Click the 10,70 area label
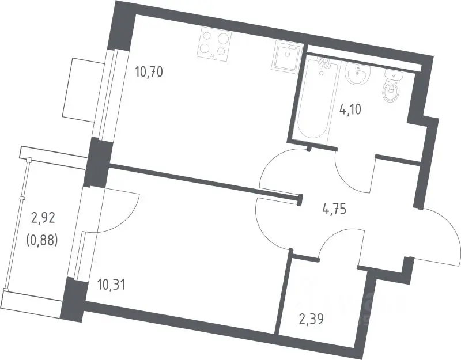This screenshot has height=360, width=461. [x=149, y=71]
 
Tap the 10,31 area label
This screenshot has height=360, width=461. [x=111, y=285]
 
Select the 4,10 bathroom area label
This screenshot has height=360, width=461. [x=350, y=109]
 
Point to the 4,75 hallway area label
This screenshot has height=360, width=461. [x=334, y=210]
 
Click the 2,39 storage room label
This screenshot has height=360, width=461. [x=311, y=319]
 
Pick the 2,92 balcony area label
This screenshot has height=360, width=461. [x=43, y=218]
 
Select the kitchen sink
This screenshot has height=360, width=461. [x=286, y=57]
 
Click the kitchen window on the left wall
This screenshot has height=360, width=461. [x=107, y=94]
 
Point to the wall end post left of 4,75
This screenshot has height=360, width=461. [x=300, y=200]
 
